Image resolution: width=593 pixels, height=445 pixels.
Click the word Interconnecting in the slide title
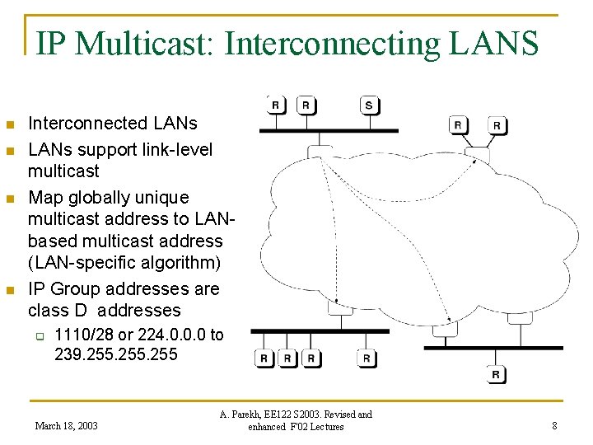coord(332,43)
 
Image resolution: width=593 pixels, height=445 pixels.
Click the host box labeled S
coord(369,105)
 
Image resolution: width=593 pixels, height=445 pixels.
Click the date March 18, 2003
coord(66,426)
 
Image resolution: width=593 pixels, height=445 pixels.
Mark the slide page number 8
coord(554,426)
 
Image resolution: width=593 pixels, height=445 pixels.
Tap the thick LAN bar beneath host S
coord(329,130)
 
